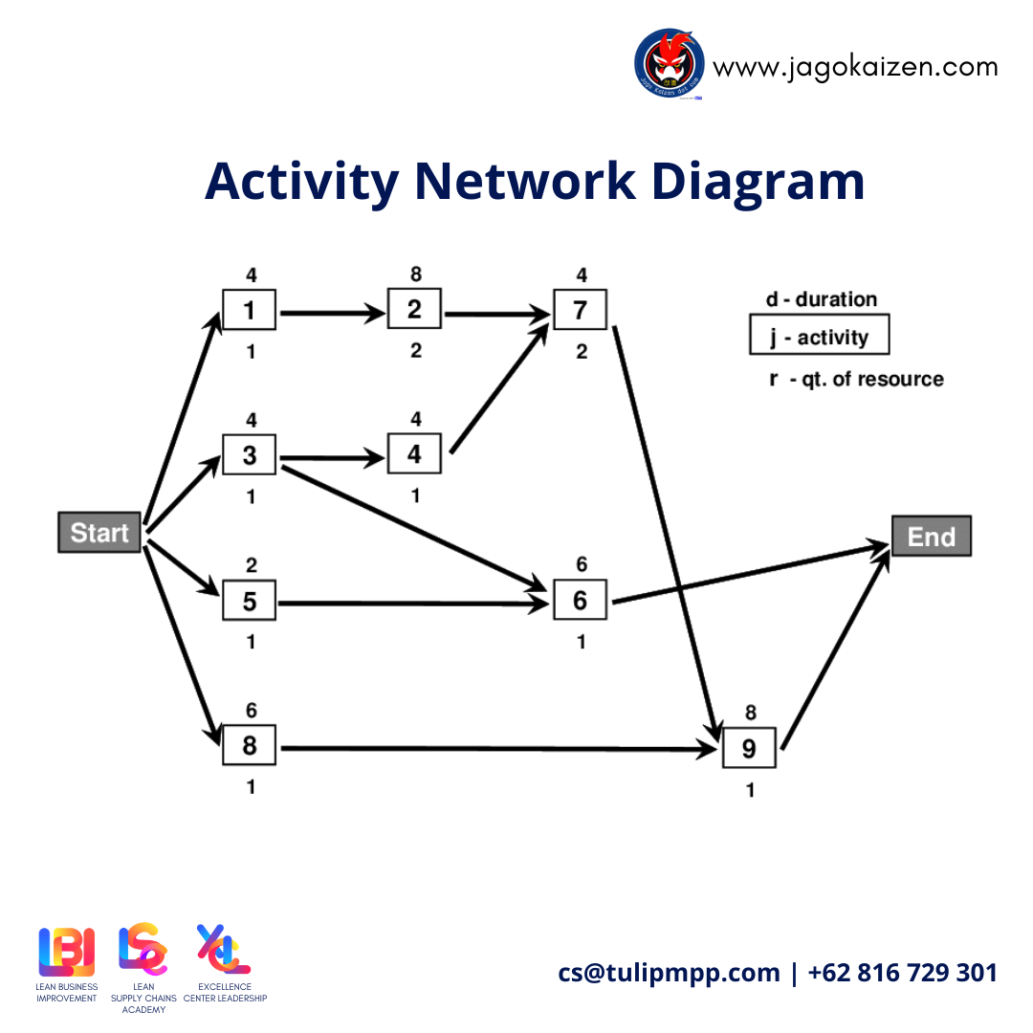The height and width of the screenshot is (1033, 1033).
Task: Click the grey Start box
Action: click(99, 533)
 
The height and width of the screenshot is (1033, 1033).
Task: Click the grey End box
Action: click(931, 537)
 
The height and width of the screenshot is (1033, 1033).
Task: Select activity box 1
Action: click(250, 310)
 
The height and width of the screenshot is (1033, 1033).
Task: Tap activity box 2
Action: click(414, 309)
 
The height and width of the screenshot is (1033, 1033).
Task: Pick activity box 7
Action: click(580, 310)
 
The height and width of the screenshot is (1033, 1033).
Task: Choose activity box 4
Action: click(414, 454)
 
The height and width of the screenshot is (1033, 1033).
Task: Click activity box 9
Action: click(749, 748)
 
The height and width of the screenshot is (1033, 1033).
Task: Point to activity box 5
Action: click(250, 601)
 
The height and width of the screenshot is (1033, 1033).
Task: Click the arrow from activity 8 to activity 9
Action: click(497, 748)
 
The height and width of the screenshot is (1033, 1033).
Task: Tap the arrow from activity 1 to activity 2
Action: click(331, 312)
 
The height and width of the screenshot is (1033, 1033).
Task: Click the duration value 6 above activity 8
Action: click(250, 710)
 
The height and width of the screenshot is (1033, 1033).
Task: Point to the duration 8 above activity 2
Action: click(414, 275)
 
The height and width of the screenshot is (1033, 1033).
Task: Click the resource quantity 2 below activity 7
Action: click(582, 352)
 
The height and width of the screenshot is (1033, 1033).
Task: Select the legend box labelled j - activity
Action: click(819, 337)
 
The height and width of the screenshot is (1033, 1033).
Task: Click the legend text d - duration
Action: click(821, 299)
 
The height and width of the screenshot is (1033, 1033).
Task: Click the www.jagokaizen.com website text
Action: click(855, 67)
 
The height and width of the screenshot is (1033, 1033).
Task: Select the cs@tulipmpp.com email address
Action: click(669, 973)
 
